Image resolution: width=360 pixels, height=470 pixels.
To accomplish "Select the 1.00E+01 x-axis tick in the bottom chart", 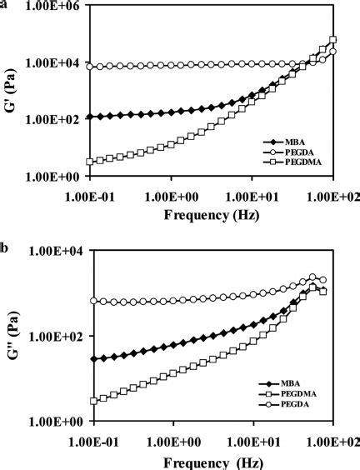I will (x=252, y=438).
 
